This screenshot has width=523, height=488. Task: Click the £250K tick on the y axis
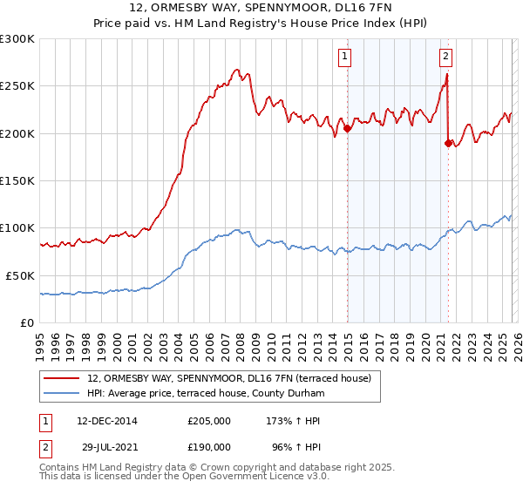pyautogui.click(x=17, y=86)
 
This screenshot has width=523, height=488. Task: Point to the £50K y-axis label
pyautogui.click(x=20, y=275)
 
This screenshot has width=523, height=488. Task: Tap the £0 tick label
pyautogui.click(x=28, y=322)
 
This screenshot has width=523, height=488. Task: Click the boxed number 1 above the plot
pyautogui.click(x=345, y=58)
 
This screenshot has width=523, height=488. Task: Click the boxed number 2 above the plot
pyautogui.click(x=445, y=58)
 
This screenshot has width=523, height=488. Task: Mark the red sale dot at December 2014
pyautogui.click(x=348, y=128)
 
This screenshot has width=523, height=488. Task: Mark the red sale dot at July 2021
pyautogui.click(x=449, y=143)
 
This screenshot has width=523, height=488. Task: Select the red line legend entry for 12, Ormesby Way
pyautogui.click(x=229, y=378)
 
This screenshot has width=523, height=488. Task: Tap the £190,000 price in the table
pyautogui.click(x=209, y=445)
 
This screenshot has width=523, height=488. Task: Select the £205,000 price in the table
pyautogui.click(x=209, y=421)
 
